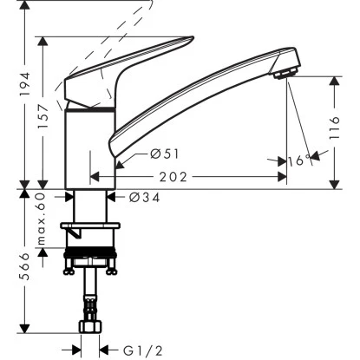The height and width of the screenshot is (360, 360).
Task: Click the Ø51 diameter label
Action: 163,154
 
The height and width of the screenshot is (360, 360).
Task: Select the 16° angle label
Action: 297,160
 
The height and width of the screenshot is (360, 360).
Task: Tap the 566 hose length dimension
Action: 26,272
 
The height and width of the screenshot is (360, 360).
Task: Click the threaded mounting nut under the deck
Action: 91,258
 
